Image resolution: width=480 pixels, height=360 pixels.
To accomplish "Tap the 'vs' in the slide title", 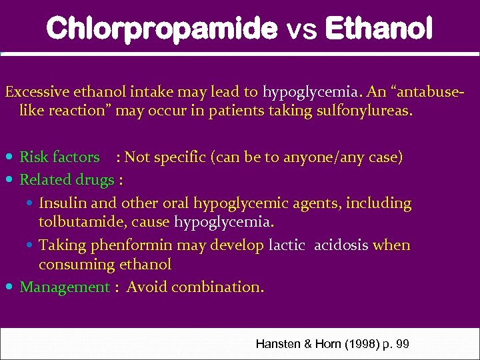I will [x=301, y=30].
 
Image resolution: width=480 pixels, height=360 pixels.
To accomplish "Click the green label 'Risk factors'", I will [x=59, y=157].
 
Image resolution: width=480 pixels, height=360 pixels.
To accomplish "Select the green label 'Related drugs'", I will [x=67, y=179].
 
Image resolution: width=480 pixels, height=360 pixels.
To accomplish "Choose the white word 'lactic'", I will [x=287, y=245].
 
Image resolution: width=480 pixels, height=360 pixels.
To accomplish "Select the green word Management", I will [x=64, y=287].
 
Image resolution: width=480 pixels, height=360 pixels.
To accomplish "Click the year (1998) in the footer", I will [x=358, y=344].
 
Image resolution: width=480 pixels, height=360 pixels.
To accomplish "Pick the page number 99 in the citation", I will [x=402, y=344].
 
